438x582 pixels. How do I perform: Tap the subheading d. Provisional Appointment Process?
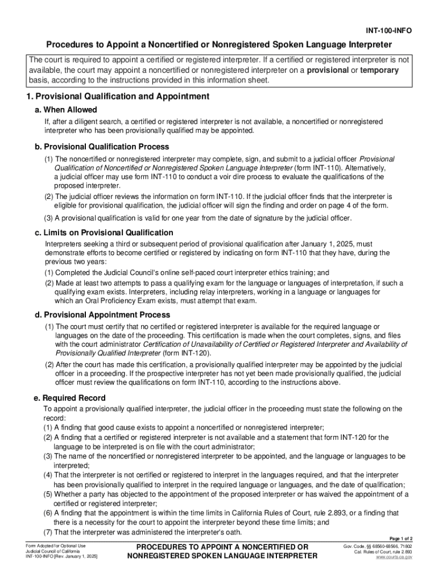(x=102, y=315)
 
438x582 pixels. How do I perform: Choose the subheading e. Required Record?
(x=69, y=398)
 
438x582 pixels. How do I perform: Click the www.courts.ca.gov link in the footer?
(x=394, y=558)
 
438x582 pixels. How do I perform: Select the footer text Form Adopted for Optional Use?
(x=52, y=546)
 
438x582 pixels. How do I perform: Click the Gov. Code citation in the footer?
(x=378, y=546)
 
